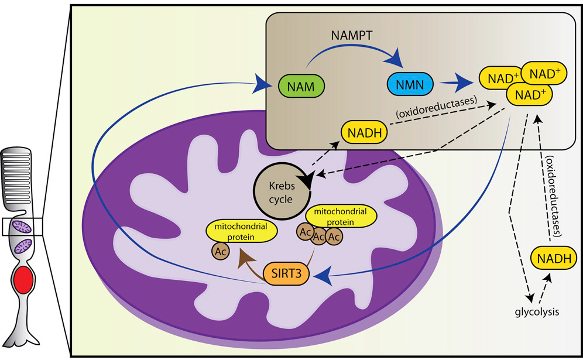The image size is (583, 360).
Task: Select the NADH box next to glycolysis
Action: (552, 258)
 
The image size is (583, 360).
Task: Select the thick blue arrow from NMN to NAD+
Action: (459, 84)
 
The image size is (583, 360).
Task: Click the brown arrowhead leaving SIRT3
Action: (242, 253)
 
